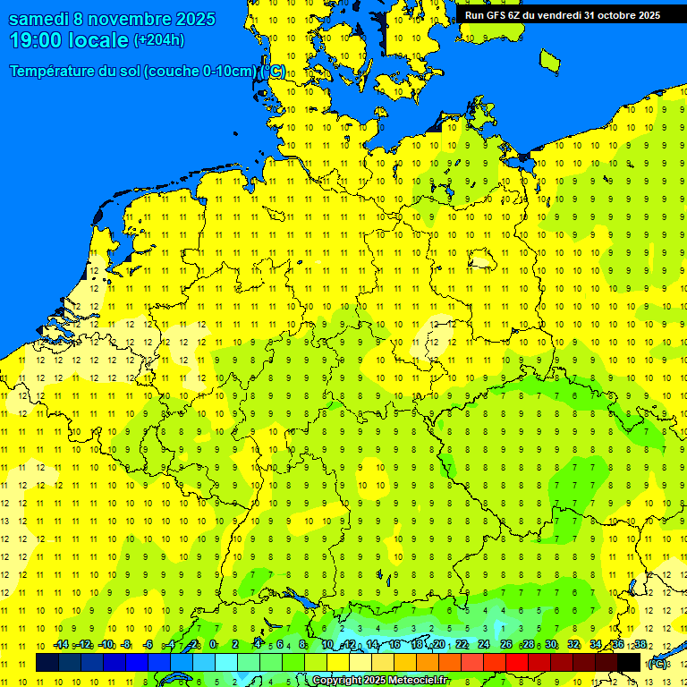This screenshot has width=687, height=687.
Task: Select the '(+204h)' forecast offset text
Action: (x=159, y=40)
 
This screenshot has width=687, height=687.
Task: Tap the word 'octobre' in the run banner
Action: (x=609, y=15)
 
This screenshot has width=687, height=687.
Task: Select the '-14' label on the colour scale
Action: (x=61, y=645)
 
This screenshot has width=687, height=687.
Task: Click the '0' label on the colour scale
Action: (x=213, y=645)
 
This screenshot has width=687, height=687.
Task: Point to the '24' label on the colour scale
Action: (x=484, y=645)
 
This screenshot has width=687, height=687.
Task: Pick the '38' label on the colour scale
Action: (x=640, y=645)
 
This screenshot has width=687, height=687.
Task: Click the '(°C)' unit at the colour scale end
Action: (x=657, y=664)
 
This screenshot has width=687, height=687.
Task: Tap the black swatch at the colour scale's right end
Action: (x=629, y=663)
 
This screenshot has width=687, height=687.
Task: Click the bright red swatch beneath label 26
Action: (x=517, y=663)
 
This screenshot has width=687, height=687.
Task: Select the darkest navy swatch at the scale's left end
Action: (x=47, y=663)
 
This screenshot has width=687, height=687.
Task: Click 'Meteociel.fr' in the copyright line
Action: (x=418, y=681)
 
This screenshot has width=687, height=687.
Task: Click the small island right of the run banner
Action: (x=549, y=60)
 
